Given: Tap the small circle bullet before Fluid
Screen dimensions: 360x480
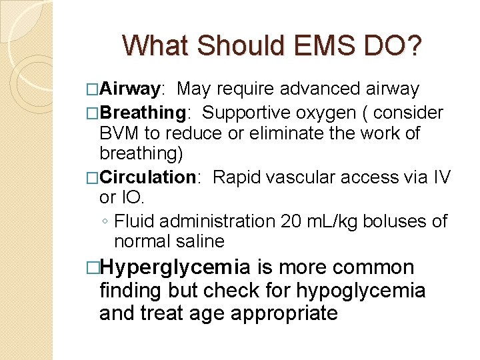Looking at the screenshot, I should point(105,221).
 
